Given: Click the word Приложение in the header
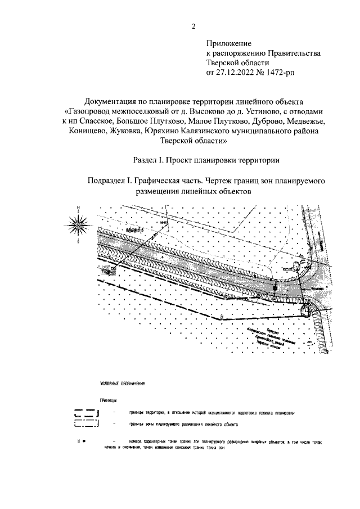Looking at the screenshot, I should tap(228, 43).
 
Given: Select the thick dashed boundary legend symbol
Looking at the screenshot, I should tap(85, 413).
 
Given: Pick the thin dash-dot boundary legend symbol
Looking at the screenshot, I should tap(85, 424).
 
